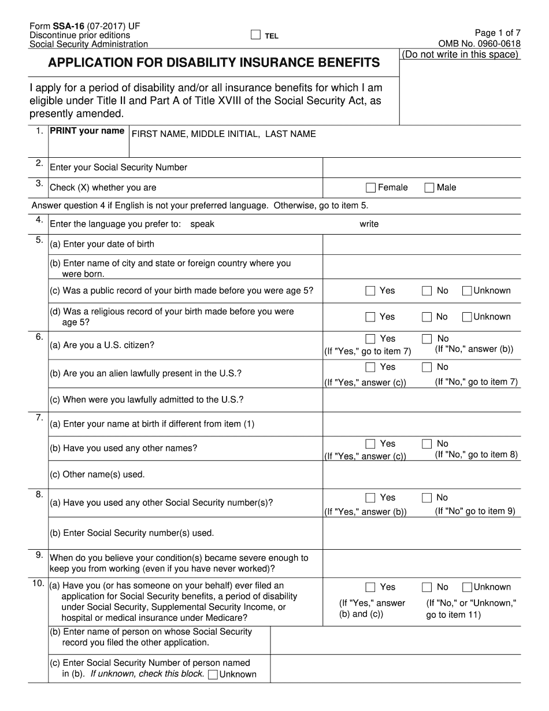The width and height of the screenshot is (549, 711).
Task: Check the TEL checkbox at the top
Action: pos(255,35)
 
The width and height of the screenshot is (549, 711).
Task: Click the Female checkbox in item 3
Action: pos(370,187)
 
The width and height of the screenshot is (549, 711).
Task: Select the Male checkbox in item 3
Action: pos(429,187)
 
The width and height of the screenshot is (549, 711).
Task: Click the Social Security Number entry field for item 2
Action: pos(421,168)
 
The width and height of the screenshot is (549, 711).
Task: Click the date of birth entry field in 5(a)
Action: pos(421,244)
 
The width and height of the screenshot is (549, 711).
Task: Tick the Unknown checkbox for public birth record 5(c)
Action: pos(467,291)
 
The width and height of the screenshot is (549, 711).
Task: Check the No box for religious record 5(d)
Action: pos(426,317)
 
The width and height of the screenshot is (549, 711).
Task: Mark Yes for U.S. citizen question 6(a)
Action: pos(370,339)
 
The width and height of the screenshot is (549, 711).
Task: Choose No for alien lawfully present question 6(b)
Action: pos(426,367)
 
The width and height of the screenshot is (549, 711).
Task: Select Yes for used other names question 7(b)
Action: pos(370,444)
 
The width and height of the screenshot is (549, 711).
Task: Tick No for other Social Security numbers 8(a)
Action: pos(426,498)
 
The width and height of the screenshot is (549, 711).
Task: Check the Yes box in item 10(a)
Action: pos(370,587)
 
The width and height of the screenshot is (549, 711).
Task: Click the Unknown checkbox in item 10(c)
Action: pos(213,674)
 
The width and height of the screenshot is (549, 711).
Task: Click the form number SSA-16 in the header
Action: pos(68,27)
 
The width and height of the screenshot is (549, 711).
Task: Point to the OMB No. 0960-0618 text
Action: pos(479,44)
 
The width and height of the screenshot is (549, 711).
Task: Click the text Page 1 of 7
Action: pos(498,34)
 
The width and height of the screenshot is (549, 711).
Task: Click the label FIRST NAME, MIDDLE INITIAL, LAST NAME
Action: pos(224,134)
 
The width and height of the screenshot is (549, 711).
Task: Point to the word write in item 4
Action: pos(369,224)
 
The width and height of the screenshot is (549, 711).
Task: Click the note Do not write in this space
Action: pos(460,55)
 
